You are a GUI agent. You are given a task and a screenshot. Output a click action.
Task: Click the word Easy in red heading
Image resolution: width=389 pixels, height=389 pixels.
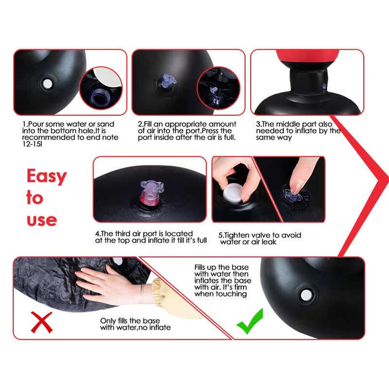click(x=46, y=177)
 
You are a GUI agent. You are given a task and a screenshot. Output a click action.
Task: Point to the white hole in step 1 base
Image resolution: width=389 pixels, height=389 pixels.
click(x=47, y=84)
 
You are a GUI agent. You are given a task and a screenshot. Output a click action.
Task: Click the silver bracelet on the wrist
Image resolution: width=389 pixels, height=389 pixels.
click(x=141, y=294)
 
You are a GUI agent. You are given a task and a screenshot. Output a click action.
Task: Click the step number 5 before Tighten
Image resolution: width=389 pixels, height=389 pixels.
click(x=221, y=235)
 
